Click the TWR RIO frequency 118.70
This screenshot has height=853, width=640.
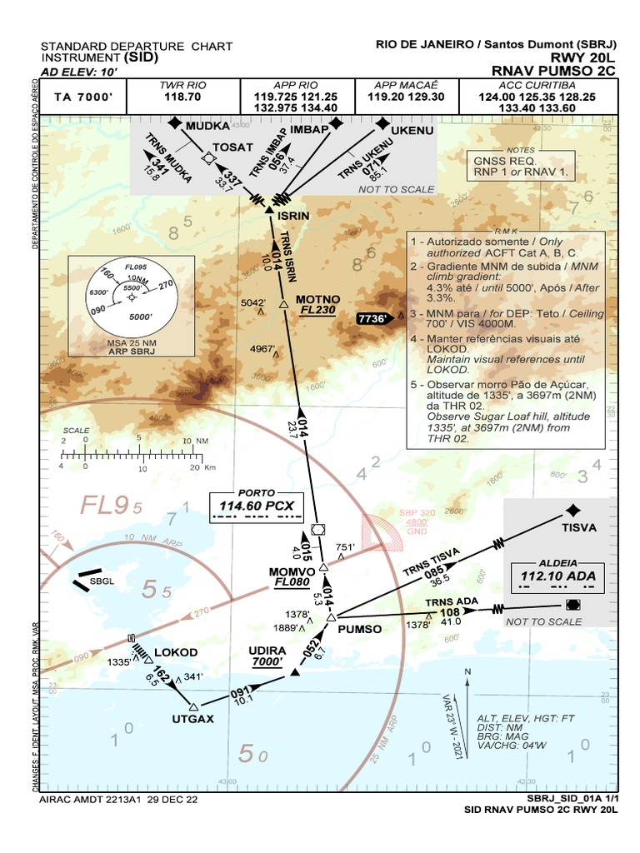click(x=182, y=97)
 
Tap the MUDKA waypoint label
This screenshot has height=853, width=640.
click(x=207, y=126)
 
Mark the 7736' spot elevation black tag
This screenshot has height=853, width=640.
click(x=372, y=317)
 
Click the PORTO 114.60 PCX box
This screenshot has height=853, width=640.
click(x=256, y=506)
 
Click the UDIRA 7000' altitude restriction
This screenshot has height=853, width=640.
click(x=267, y=660)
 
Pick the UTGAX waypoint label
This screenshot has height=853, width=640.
click(x=193, y=718)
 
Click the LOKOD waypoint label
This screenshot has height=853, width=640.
click(x=176, y=651)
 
